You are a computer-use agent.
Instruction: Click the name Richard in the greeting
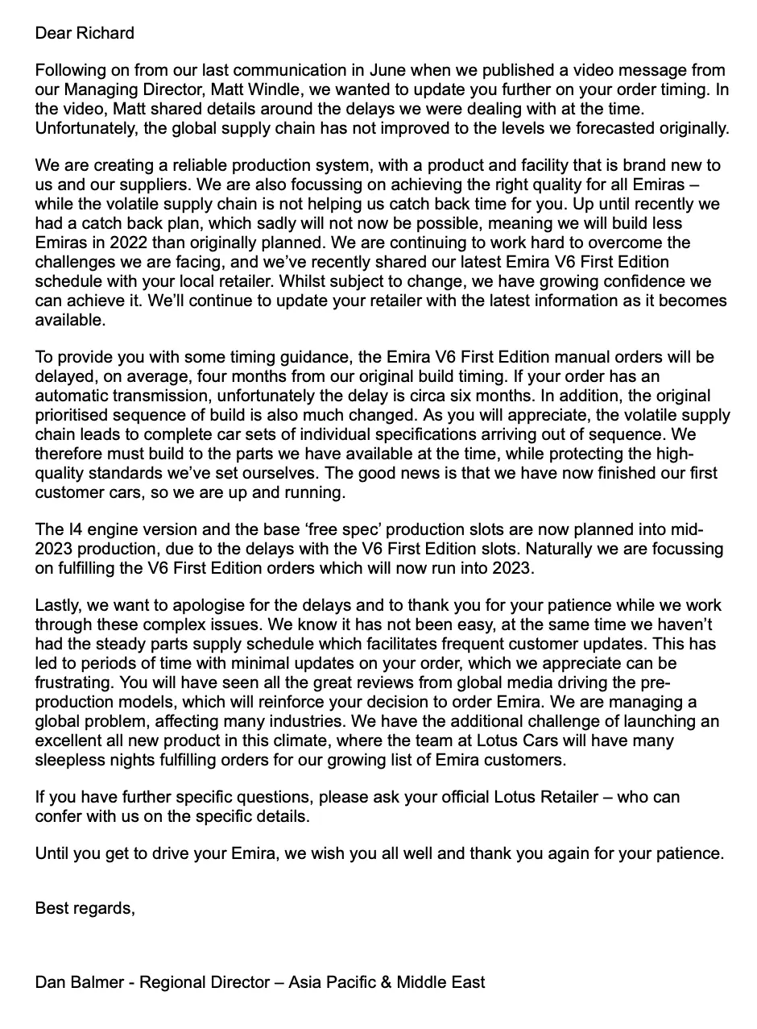click(x=105, y=33)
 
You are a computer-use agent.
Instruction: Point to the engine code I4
click(x=71, y=530)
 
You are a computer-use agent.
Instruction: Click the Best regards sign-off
click(x=85, y=908)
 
